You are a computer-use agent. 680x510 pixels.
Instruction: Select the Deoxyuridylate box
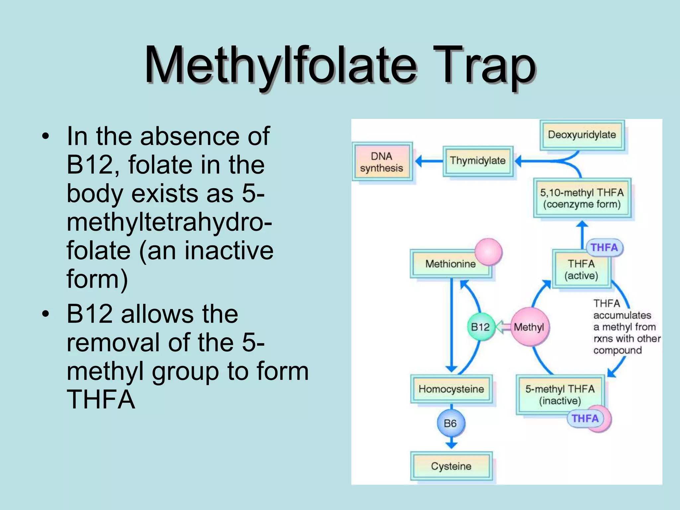(x=582, y=135)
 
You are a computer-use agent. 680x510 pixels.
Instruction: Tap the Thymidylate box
(x=477, y=161)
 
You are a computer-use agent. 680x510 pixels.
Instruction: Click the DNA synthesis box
(x=382, y=162)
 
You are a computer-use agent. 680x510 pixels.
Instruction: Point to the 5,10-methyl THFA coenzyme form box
(x=582, y=198)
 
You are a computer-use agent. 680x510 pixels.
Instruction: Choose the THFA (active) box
(x=581, y=270)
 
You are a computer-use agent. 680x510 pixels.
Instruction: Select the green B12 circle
(x=480, y=327)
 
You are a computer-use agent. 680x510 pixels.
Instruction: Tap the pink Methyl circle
(x=529, y=327)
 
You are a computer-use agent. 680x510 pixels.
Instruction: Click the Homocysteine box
(x=451, y=389)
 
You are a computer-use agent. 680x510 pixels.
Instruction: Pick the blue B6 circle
(x=450, y=423)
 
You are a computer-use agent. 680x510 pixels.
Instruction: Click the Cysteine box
(x=451, y=466)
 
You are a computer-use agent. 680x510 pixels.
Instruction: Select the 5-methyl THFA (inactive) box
(x=560, y=394)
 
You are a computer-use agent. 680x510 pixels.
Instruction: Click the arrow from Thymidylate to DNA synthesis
(x=429, y=161)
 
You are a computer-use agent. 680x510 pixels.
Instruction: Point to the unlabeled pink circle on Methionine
(x=488, y=251)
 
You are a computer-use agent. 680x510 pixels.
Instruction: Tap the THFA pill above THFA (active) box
(x=604, y=248)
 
